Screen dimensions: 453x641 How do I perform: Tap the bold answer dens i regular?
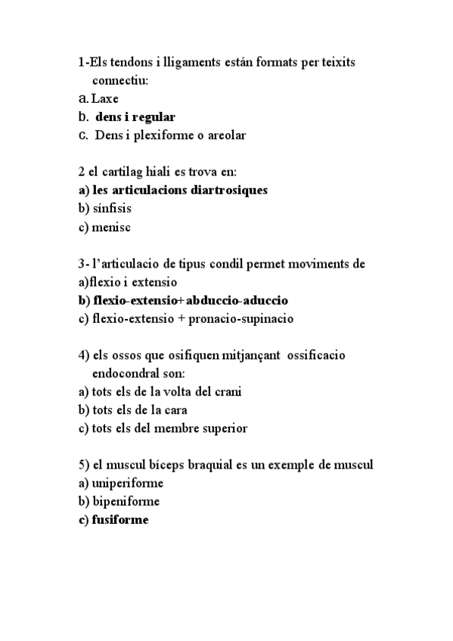pos(135,117)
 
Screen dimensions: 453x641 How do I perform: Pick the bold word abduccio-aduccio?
pos(237,300)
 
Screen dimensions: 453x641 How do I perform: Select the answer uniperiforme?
pos(127,483)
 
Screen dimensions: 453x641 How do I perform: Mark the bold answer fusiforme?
pos(120,519)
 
